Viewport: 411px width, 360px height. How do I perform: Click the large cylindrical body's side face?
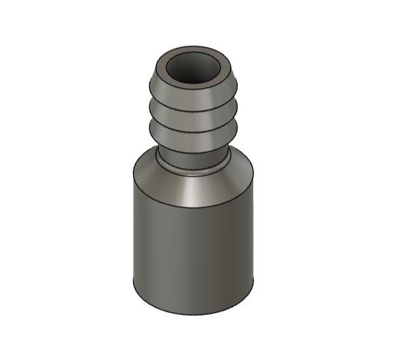194,246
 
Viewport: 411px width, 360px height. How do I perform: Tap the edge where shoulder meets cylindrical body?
194,204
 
